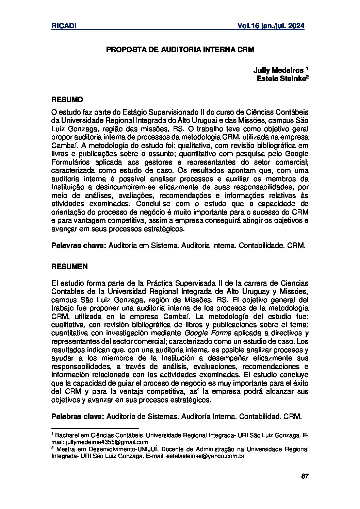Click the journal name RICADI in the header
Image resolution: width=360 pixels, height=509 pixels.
pyautogui.click(x=63, y=26)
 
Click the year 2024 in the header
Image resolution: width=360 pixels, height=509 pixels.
pyautogui.click(x=294, y=26)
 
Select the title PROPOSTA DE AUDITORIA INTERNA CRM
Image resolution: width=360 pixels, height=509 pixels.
pyautogui.click(x=180, y=50)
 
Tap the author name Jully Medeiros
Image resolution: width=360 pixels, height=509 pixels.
pyautogui.click(x=278, y=70)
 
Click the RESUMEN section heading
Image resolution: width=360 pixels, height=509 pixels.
pyautogui.click(x=69, y=267)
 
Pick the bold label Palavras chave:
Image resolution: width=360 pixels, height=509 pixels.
pyautogui.click(x=79, y=245)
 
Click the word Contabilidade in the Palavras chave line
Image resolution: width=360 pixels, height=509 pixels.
pyautogui.click(x=261, y=245)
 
